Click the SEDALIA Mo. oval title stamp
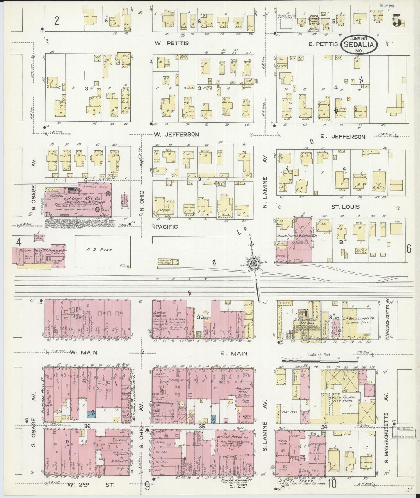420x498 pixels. [360, 44]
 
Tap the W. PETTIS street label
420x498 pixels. [171, 43]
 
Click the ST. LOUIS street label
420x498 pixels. [345, 207]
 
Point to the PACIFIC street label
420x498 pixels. [166, 226]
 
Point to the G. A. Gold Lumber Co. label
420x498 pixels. [360, 318]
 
